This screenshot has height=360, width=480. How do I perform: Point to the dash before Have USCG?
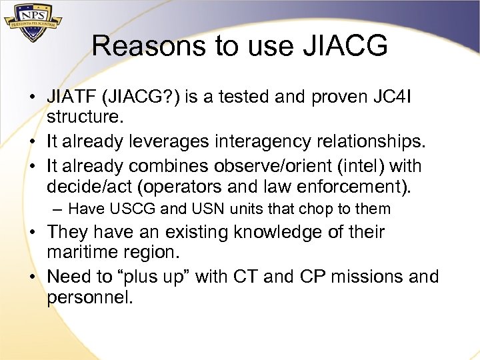tap(58, 209)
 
